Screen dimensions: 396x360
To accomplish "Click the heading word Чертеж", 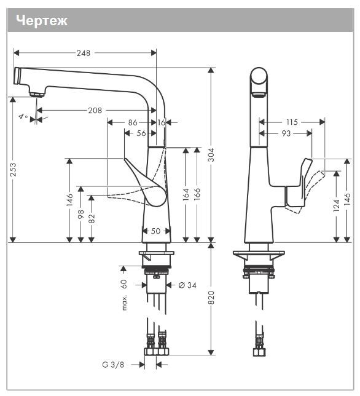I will pyautogui.click(x=41, y=20).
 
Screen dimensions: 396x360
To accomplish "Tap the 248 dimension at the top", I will pyautogui.click(x=83, y=53).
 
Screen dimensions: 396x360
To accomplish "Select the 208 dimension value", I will pyautogui.click(x=95, y=111).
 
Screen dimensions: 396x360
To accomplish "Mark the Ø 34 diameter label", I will pyautogui.click(x=188, y=285).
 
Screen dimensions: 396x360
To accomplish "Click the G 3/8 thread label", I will pyautogui.click(x=113, y=364).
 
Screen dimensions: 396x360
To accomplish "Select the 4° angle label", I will pyautogui.click(x=23, y=116).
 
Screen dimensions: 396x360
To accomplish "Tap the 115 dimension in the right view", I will pyautogui.click(x=292, y=122).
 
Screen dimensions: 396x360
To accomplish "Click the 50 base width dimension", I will pyautogui.click(x=156, y=231).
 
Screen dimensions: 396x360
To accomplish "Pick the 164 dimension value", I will pyautogui.click(x=185, y=196).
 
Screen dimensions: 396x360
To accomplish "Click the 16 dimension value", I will pyautogui.click(x=162, y=122).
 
